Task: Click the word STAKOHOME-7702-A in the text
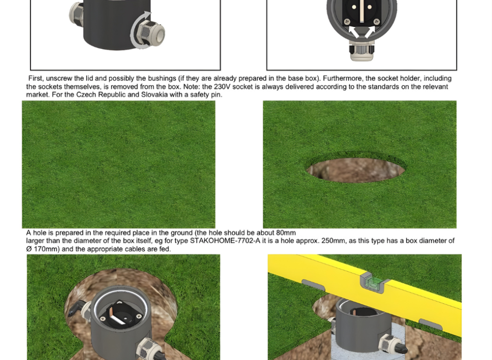click(x=225, y=241)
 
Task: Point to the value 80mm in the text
click(x=286, y=233)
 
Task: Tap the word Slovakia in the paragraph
click(x=154, y=95)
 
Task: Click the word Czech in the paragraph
click(x=86, y=95)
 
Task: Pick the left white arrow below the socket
click(x=354, y=32)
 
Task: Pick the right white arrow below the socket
click(x=369, y=32)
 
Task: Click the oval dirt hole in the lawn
click(x=356, y=170)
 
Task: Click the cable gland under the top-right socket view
click(x=362, y=52)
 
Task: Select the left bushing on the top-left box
click(x=76, y=13)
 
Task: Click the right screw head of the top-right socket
click(x=377, y=21)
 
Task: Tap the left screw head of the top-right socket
click(x=347, y=21)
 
